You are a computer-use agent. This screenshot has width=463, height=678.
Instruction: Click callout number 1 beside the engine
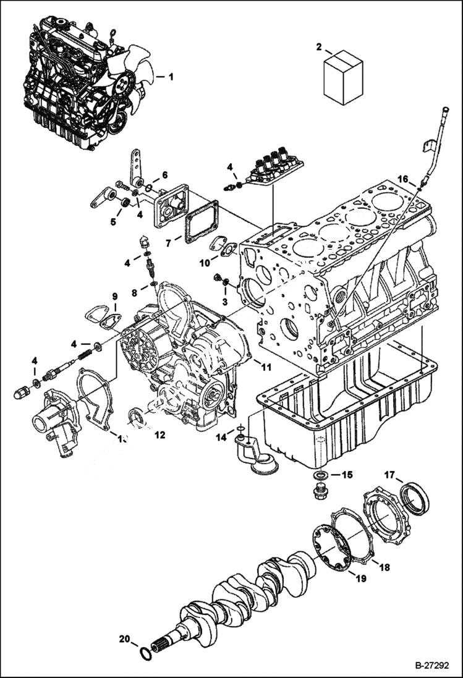click(x=171, y=77)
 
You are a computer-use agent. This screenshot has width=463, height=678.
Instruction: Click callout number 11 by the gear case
click(x=266, y=367)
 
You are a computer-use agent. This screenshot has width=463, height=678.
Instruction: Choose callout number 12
click(x=160, y=435)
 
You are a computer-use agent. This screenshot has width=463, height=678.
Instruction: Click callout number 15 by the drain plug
click(x=347, y=475)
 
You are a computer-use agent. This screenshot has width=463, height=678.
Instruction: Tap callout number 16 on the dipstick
click(x=402, y=179)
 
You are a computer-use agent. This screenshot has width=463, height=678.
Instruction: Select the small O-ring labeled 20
click(x=145, y=653)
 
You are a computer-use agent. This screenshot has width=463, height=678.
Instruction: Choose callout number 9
click(x=114, y=297)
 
